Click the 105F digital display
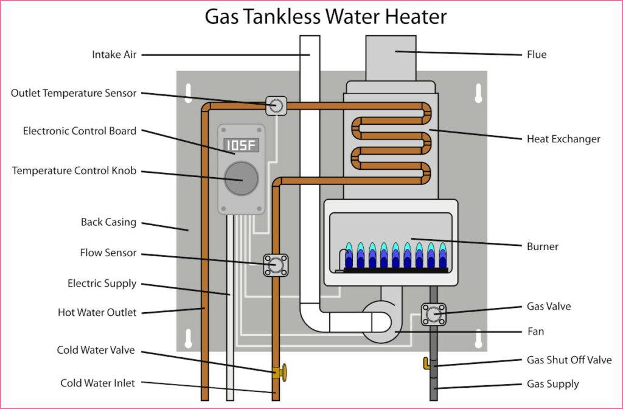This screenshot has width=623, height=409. (x=242, y=145)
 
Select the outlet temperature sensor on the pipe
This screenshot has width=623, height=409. (x=276, y=106)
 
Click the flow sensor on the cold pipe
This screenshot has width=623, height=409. (x=276, y=265)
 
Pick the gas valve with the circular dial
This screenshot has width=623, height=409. (x=434, y=314)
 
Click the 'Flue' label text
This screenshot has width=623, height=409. (x=537, y=55)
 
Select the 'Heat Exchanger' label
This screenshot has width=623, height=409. (x=563, y=139)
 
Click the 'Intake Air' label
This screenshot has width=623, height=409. (x=114, y=55)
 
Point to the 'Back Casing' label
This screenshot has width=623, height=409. (x=109, y=222)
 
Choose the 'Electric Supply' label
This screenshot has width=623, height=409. (x=102, y=284)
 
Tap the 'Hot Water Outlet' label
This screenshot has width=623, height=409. (x=97, y=313)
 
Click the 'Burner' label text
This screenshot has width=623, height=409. (x=543, y=246)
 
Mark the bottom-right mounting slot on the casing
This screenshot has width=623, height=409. (x=478, y=338)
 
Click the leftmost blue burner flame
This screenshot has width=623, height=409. (x=349, y=256)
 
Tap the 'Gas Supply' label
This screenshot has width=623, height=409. (x=553, y=384)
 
